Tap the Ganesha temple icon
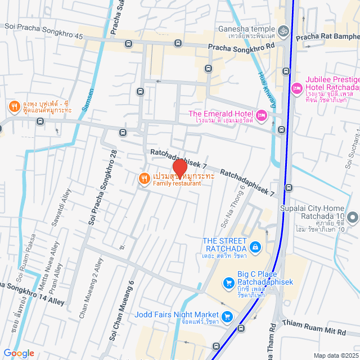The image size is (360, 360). (283, 30)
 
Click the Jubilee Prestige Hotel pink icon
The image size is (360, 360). (296, 88)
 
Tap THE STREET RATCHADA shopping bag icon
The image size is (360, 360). (255, 246)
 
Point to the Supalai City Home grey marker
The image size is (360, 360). (353, 217)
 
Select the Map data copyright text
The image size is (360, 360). (335, 355)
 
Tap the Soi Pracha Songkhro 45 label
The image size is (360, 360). (43, 35)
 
